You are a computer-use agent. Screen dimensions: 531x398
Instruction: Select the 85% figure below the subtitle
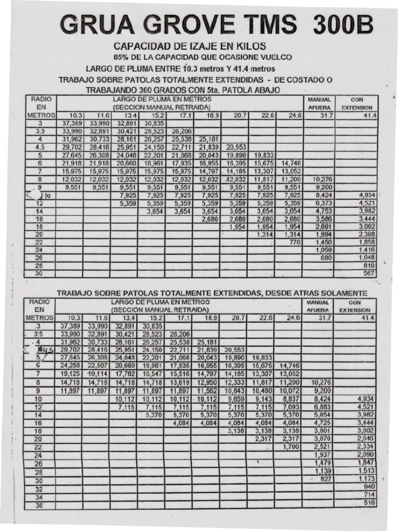click(121, 57)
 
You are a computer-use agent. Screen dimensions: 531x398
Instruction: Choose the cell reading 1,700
click(291, 446)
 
